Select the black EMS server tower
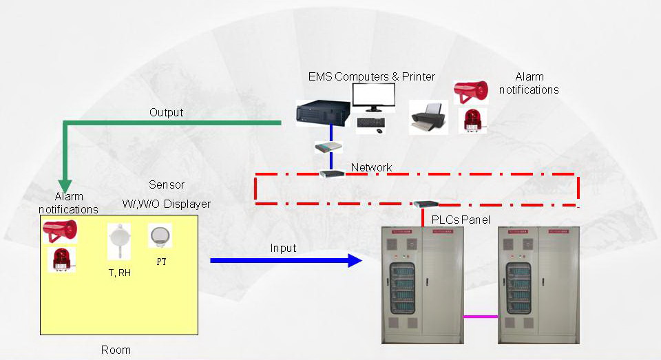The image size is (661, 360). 324,113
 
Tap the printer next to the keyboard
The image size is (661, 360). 428,117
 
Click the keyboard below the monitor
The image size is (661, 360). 370,123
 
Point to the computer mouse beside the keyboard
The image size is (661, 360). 379,131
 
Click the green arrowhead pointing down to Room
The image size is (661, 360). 65,186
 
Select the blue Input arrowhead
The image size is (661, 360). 355,260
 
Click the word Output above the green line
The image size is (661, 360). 167,113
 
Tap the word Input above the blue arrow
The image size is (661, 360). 283,248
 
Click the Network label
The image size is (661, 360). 371,167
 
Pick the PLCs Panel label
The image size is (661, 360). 461,220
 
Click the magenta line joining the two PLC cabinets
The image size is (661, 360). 481,316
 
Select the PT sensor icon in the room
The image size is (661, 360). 160,237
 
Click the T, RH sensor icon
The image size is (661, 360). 119,241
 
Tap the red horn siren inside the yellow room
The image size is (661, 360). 61,231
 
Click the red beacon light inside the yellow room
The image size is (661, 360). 61,260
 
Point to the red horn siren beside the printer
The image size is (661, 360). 471,92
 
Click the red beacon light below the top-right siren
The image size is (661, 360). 473,120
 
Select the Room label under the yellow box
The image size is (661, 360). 116,350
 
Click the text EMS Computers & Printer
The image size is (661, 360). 371,76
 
